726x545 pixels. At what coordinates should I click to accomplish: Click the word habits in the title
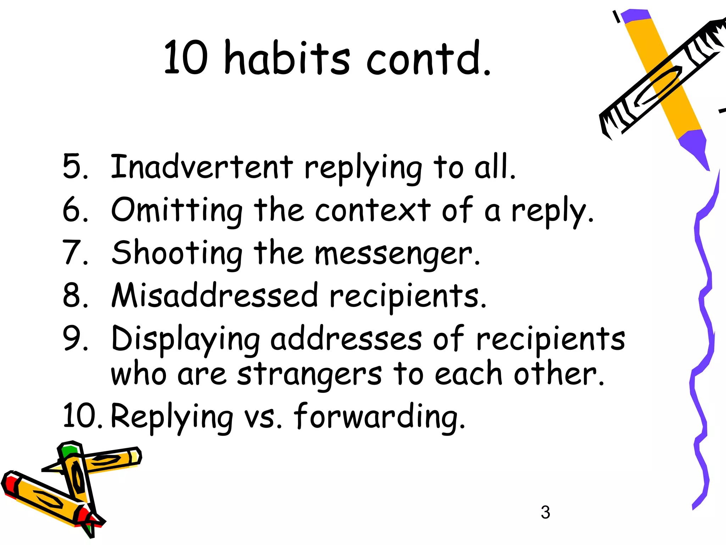pyautogui.click(x=287, y=59)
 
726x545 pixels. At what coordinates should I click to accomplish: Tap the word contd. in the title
pyautogui.click(x=428, y=59)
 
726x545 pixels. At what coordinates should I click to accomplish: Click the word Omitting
pyautogui.click(x=177, y=210)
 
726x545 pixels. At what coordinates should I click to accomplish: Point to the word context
pyautogui.click(x=372, y=210)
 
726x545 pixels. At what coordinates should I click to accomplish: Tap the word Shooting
pyautogui.click(x=177, y=253)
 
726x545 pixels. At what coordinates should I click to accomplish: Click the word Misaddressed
pyautogui.click(x=214, y=296)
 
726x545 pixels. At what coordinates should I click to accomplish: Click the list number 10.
pyautogui.click(x=82, y=416)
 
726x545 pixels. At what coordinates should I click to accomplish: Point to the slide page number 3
pyautogui.click(x=545, y=512)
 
